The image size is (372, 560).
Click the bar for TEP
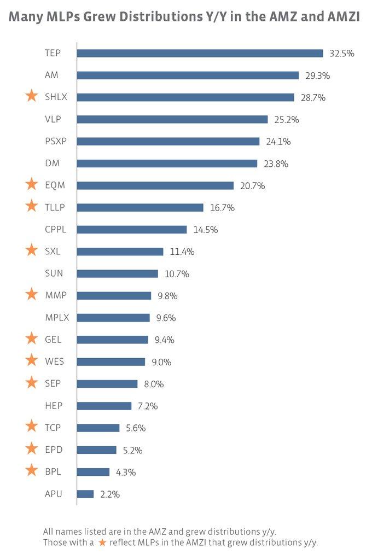tap(200, 53)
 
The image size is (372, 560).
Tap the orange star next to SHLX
tap(32, 96)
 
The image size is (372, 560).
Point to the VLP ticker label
tap(53, 119)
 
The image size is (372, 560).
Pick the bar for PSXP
tap(168, 141)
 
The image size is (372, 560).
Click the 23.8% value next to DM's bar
tap(276, 164)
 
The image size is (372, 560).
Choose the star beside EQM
tap(32, 184)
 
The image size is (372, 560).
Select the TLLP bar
tap(140, 207)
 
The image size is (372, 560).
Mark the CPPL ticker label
tap(56, 230)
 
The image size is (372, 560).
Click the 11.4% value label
tap(182, 252)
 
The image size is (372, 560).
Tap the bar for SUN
tap(117, 273)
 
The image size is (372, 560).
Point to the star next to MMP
tap(32, 294)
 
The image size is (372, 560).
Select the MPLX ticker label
tap(57, 318)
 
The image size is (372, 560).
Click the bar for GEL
tap(112, 340)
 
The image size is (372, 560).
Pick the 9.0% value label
tap(161, 362)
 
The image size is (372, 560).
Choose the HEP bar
tap(104, 406)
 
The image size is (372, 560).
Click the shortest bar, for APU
tap(85, 494)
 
